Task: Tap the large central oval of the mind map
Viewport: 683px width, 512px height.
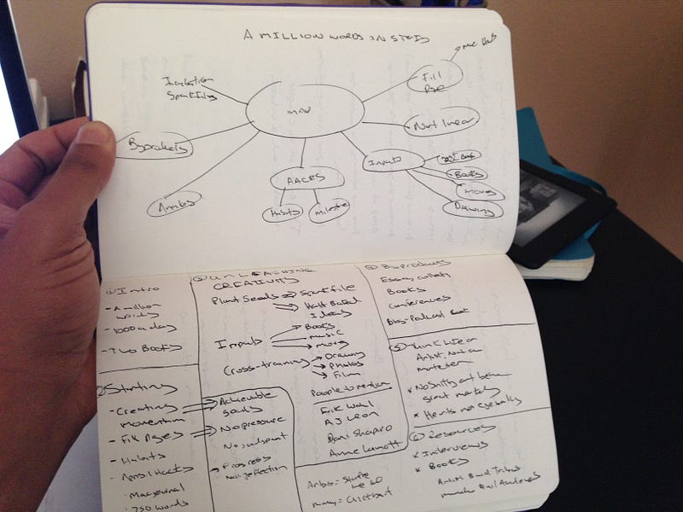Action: pos(304,108)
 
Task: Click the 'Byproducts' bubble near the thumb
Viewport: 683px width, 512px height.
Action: pos(155,147)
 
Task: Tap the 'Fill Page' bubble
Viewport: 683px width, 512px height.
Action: pos(434,79)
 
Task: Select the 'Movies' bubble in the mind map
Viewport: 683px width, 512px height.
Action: pos(477,191)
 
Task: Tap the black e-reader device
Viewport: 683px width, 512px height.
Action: pos(559,209)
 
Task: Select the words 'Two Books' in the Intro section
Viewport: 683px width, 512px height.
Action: pos(143,349)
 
